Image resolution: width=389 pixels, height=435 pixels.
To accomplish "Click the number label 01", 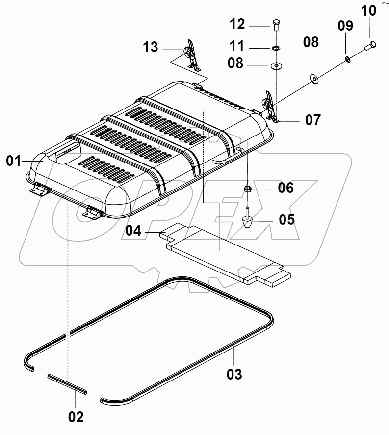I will [14, 161].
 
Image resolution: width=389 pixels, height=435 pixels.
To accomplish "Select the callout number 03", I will [234, 375].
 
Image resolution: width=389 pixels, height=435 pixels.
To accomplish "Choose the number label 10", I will [369, 10].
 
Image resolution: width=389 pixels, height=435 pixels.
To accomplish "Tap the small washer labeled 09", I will [348, 59].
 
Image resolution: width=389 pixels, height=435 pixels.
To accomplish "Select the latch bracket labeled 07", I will [270, 105].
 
